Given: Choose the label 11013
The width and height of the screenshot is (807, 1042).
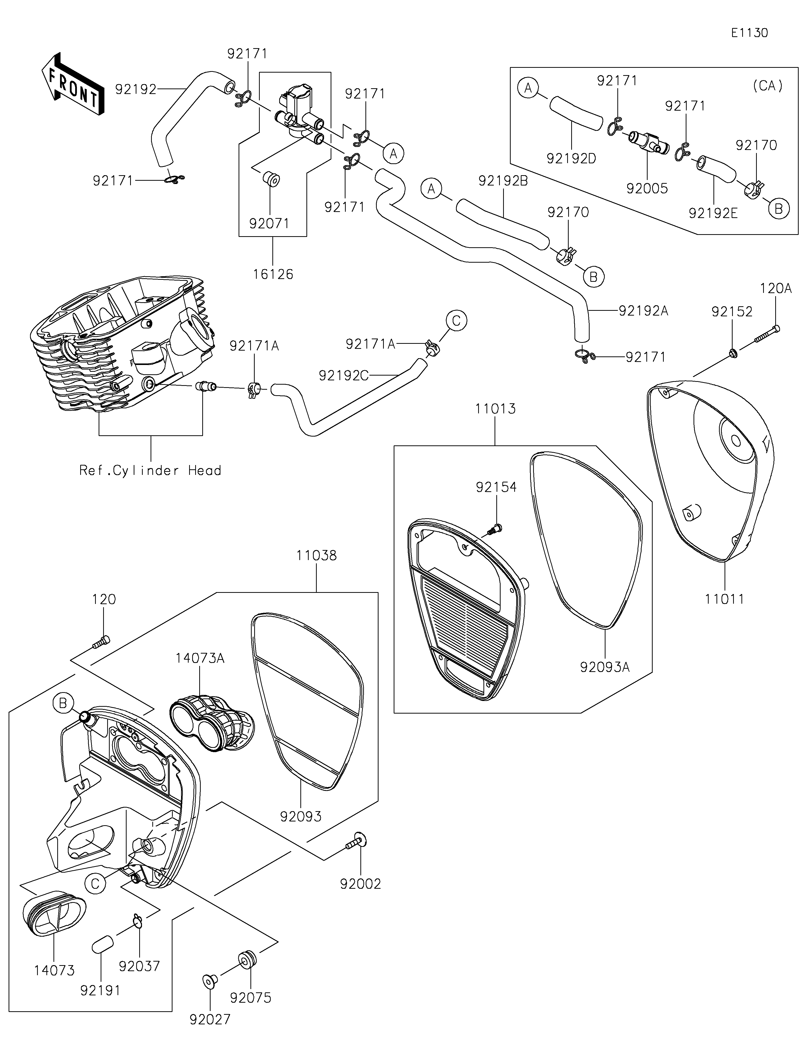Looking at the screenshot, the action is coord(495,409).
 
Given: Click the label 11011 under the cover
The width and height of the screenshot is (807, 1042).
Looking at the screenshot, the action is coord(725,599).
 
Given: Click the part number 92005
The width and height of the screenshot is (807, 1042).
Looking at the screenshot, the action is coord(647,189).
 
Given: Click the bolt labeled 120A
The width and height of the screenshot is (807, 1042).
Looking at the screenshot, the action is coord(767,334).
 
